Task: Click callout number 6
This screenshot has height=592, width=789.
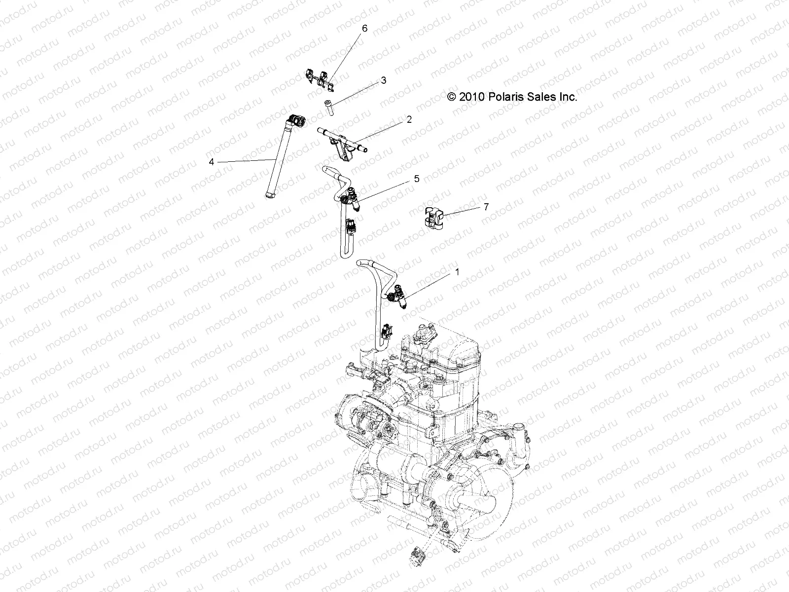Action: click(x=364, y=29)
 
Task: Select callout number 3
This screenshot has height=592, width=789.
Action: click(x=383, y=80)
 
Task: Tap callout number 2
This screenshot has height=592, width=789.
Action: click(x=409, y=119)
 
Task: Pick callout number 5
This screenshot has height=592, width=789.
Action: click(x=416, y=179)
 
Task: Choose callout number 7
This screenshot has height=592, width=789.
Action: click(x=486, y=207)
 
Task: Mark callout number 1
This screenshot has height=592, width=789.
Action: click(x=457, y=272)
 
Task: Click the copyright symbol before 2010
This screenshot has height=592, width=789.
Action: click(x=452, y=97)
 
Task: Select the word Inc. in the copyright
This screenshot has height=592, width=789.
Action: click(x=568, y=97)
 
